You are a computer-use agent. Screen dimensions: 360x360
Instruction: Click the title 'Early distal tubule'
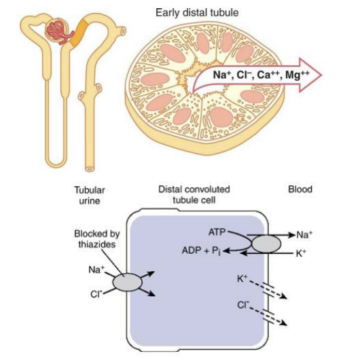197,13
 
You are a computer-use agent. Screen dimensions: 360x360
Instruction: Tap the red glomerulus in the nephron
58,32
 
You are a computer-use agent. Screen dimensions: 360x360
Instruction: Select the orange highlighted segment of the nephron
79,33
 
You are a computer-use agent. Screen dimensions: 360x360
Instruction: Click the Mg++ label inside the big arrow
298,75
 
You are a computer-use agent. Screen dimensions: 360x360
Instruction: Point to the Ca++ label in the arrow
268,75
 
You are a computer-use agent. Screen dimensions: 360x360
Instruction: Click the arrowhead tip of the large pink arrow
321,75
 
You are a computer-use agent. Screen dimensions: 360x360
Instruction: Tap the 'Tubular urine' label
90,195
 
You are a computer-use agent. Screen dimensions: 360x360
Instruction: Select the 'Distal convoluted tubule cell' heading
194,194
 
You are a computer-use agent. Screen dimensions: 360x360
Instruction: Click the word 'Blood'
300,190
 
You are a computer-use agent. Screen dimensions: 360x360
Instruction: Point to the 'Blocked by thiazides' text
97,239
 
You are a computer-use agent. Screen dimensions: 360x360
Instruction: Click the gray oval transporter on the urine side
128,282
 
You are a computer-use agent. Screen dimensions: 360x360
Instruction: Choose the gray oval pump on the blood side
266,244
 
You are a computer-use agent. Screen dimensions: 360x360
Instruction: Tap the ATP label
217,232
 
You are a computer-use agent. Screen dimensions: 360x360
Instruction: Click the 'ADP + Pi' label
201,251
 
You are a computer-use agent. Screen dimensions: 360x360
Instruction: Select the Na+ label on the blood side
304,234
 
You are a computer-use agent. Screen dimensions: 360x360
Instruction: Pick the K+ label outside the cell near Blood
301,253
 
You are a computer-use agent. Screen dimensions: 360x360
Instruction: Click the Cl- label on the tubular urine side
96,293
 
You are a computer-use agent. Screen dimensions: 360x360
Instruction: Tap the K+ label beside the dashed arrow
242,278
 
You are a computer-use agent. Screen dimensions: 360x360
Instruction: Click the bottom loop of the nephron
56,164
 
